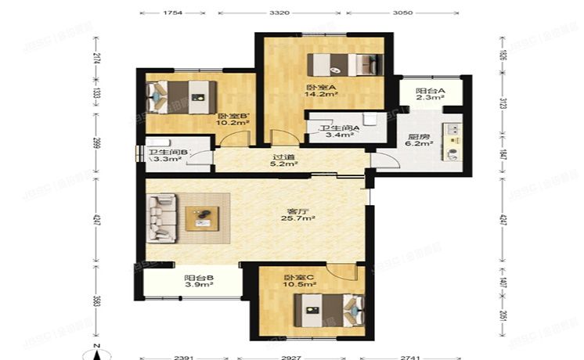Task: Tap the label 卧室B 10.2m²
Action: coord(233,117)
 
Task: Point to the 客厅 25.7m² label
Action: coord(299,214)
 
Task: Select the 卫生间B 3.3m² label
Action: coord(165,155)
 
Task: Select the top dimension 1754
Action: coord(174,13)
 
